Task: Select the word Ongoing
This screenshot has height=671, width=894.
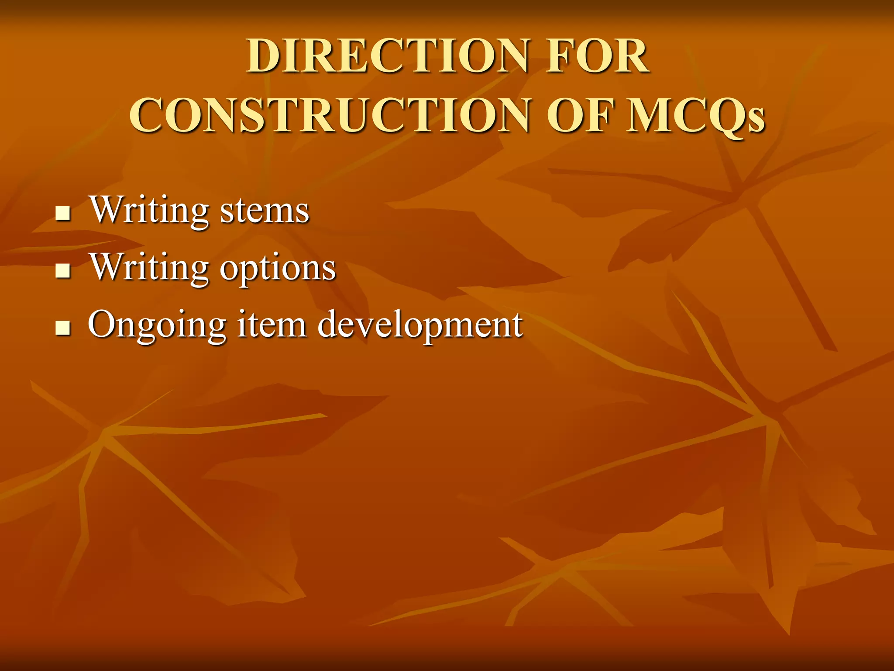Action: pos(157,325)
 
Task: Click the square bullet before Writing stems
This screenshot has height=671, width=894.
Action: pos(63,214)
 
